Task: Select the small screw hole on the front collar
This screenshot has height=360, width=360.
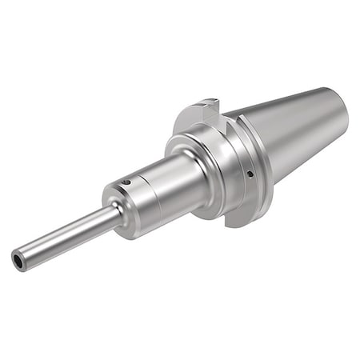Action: coord(126,182)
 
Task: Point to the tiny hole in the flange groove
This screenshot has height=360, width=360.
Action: coord(250,174)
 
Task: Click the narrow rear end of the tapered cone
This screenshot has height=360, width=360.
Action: coord(340,112)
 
